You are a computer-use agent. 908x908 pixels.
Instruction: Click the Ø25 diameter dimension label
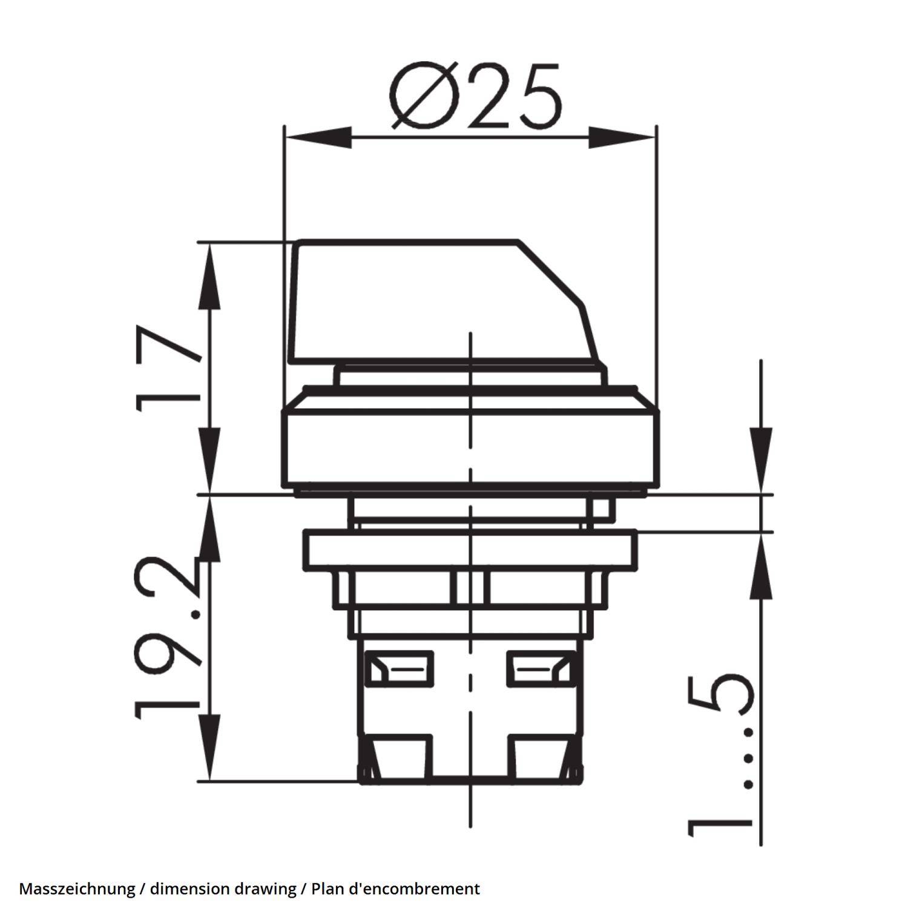[x=475, y=97]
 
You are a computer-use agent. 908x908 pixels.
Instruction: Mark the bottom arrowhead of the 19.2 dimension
[x=209, y=748]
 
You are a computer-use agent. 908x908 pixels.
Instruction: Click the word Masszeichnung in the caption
[x=77, y=889]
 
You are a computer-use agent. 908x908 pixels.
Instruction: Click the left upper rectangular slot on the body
[x=400, y=668]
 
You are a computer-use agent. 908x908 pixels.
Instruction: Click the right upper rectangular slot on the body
[x=539, y=668]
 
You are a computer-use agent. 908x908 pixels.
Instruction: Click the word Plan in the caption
[x=324, y=889]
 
